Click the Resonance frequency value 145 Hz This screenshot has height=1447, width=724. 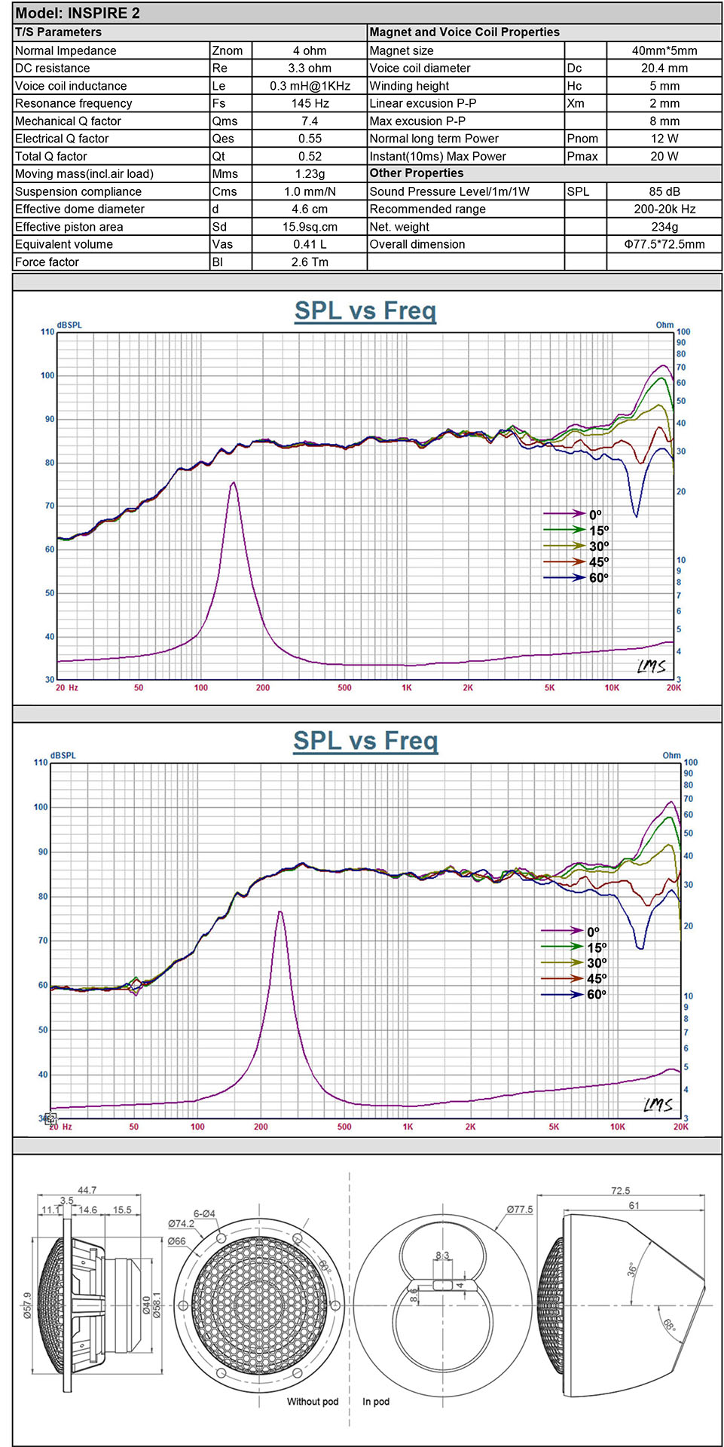[310, 103]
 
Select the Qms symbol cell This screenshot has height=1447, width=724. [225, 121]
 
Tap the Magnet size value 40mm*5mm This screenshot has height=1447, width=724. [664, 50]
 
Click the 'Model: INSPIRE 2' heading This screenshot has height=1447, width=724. [78, 13]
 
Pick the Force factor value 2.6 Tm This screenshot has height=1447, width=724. [310, 262]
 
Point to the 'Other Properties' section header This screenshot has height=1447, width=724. [417, 173]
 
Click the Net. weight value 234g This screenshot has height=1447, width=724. [664, 226]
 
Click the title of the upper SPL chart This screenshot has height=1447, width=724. [365, 311]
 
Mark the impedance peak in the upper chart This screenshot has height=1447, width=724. [234, 483]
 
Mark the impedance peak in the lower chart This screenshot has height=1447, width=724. [280, 912]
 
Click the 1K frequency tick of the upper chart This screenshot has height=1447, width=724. [407, 687]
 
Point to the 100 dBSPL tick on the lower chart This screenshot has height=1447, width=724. [41, 806]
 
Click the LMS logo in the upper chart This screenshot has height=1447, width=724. [651, 666]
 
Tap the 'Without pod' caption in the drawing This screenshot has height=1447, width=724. [313, 1402]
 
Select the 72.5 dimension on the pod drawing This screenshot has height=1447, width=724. [620, 1191]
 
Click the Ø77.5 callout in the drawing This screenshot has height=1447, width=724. [519, 1209]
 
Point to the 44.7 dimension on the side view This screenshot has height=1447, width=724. [87, 1190]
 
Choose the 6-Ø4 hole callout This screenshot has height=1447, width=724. [204, 1213]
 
